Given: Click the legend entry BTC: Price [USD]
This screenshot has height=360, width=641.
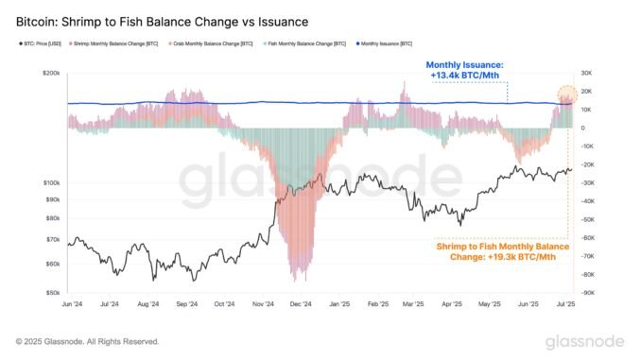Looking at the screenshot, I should point(40,43).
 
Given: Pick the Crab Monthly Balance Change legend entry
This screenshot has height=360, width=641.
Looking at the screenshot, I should point(212,43).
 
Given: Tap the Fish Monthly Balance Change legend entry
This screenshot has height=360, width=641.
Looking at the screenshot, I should point(301,43).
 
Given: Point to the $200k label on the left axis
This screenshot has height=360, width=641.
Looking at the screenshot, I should point(49,72).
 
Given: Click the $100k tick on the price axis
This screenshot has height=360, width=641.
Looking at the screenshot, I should point(49,182).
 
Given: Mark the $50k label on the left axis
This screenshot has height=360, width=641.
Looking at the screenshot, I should point(51,293).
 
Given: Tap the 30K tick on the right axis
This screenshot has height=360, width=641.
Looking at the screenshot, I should point(586,72).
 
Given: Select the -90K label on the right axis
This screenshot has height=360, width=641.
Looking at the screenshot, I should point(588,293).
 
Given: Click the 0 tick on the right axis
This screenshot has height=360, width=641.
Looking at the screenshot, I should point(582,128).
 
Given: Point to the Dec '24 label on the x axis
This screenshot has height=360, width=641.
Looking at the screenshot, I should point(302,305).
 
